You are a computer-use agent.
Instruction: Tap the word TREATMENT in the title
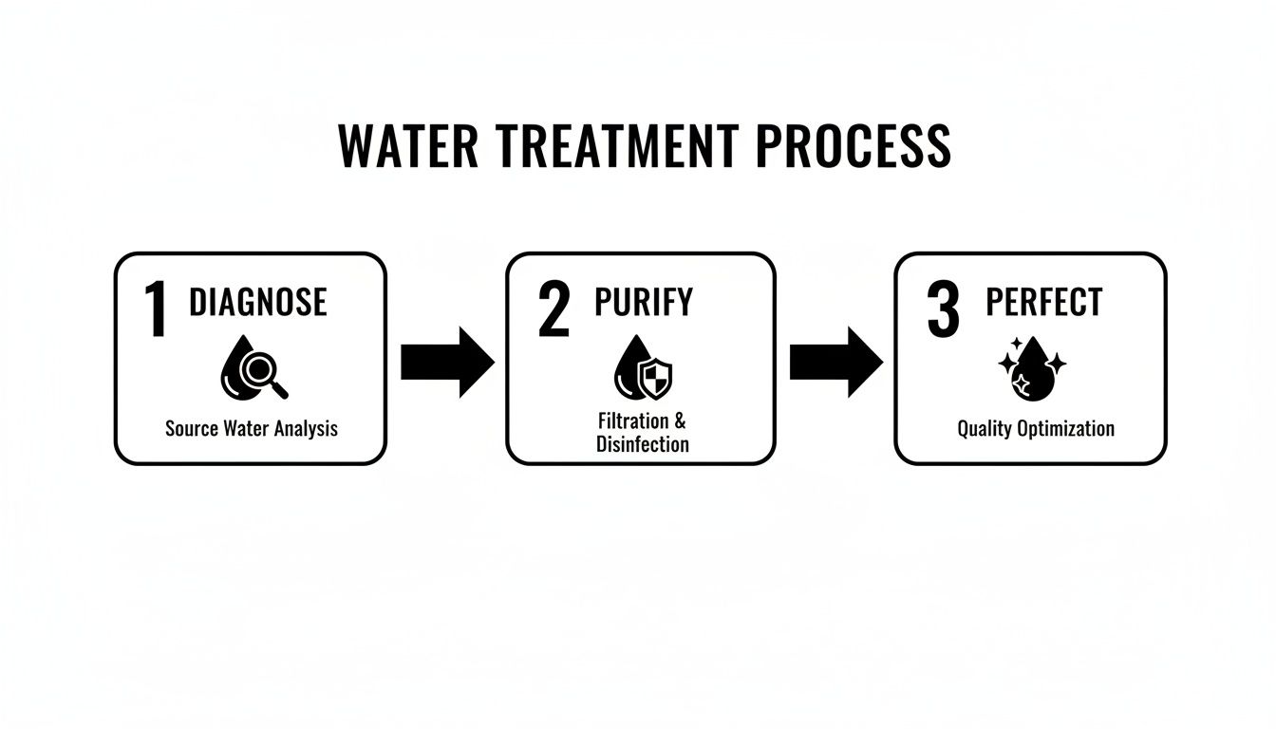607,147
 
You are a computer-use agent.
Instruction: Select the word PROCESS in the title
854,147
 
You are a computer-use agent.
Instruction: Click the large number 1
157,309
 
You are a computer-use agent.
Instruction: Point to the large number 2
554,309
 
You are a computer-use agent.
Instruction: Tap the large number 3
943,309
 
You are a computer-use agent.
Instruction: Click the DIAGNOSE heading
258,303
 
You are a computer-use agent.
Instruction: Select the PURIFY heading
644,302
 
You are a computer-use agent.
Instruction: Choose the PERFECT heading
1043,302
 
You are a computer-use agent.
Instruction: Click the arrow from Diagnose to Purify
447,362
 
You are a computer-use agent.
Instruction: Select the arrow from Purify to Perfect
835,362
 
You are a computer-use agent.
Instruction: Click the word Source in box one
192,428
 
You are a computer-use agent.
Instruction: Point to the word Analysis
306,428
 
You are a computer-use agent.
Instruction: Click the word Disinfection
643,443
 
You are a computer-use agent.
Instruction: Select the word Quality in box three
984,429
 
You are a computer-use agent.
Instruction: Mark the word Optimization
1065,429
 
